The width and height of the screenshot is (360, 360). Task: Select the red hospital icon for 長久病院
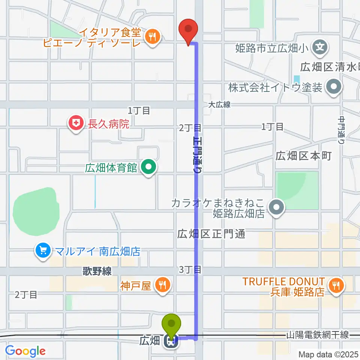[x=76, y=123]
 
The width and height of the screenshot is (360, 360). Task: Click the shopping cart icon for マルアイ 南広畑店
[x=43, y=250]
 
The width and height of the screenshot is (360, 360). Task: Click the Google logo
[x=25, y=351]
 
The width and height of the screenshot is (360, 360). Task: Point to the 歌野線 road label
[x=97, y=271]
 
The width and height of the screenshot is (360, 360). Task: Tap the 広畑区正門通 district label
[x=211, y=234]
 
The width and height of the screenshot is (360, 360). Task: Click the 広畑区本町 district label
[x=304, y=156]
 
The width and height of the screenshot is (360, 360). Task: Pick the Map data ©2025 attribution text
[x=328, y=354]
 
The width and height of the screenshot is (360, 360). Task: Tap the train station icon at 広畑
[x=172, y=340]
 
